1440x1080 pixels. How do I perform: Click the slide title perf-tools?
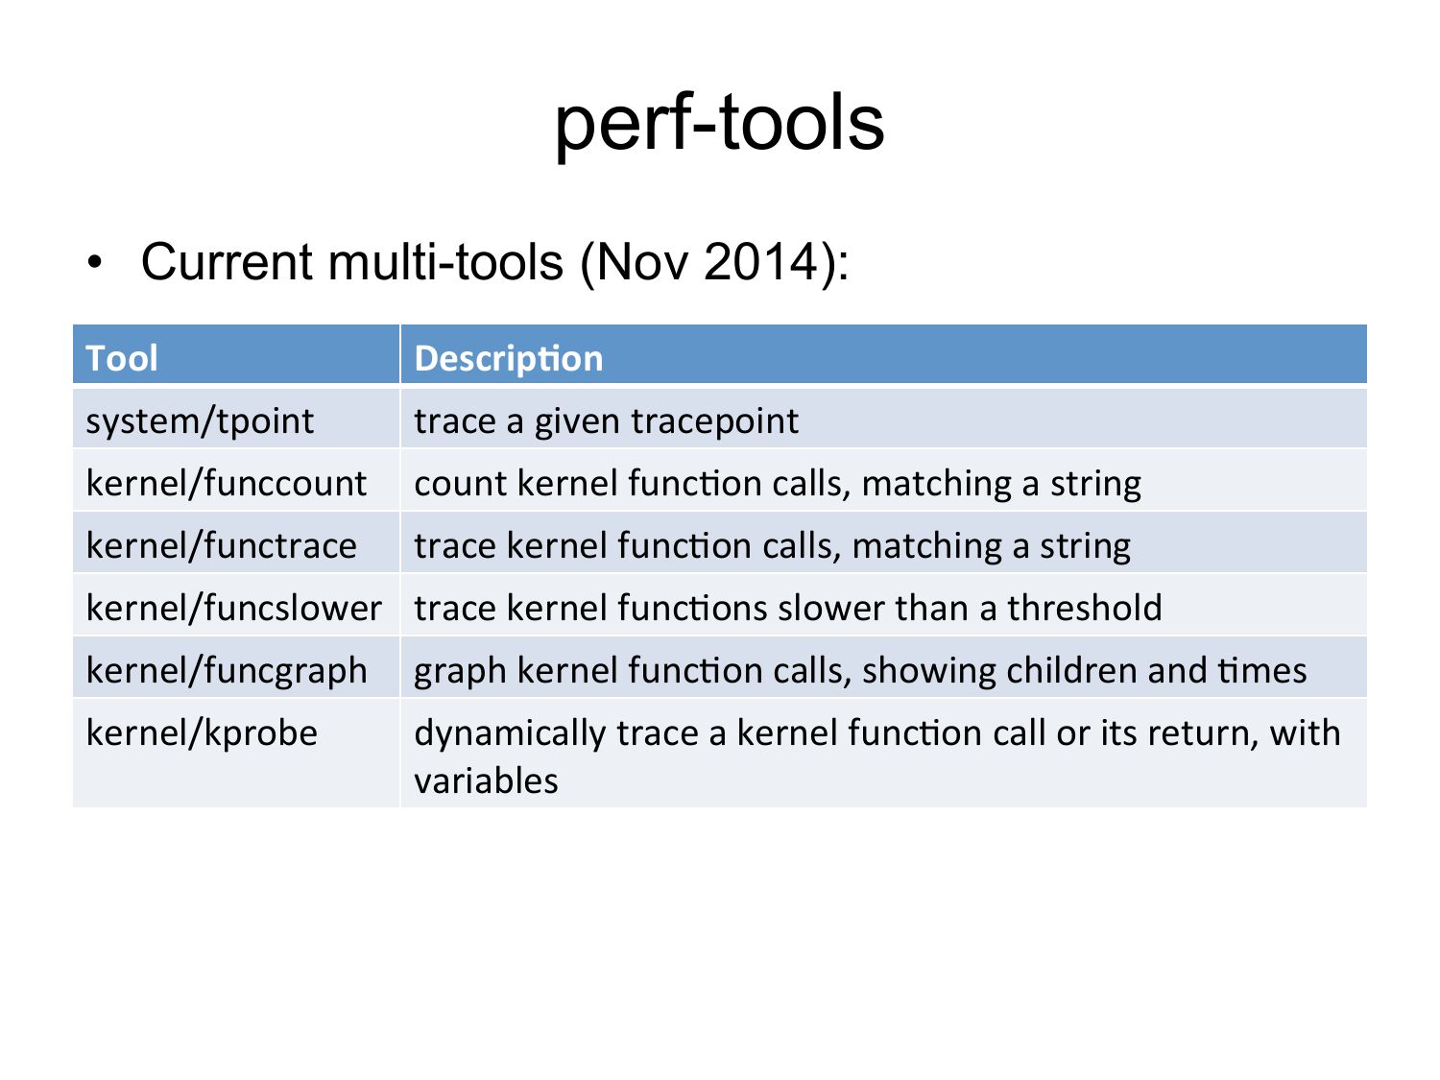coord(720,125)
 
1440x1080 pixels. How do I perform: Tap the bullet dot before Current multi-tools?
coord(95,262)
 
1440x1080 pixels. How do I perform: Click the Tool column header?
coord(121,358)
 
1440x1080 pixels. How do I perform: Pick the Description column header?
coord(509,359)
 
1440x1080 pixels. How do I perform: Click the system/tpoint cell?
coord(200,421)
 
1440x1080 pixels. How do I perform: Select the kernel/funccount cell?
coord(227,483)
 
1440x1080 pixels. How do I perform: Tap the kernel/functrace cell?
coord(222,545)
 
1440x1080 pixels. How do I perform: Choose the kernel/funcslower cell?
coord(233,608)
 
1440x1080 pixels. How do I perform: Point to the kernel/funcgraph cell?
coord(227,671)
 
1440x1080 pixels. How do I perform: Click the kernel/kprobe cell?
coord(202,733)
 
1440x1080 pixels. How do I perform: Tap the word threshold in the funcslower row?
coord(1085,608)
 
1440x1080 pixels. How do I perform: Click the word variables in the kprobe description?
coord(486,781)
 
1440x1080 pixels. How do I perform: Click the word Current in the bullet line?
coord(227,262)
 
